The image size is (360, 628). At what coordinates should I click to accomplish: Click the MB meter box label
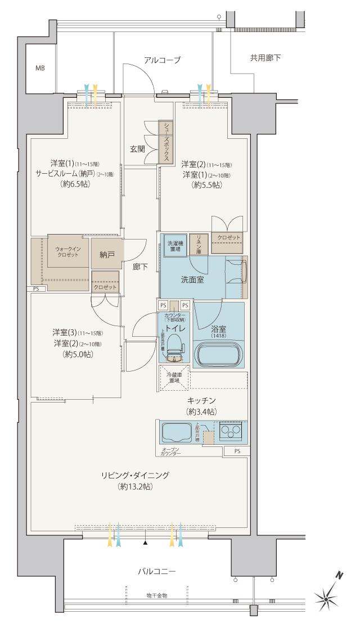pyautogui.click(x=40, y=68)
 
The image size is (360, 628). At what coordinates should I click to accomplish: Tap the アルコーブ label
pyautogui.click(x=163, y=60)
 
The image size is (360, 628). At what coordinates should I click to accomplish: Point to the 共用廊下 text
pyautogui.click(x=265, y=58)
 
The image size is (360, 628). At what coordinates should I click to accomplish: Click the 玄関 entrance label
pyautogui.click(x=138, y=149)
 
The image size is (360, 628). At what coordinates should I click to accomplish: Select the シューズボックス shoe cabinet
pyautogui.click(x=166, y=142)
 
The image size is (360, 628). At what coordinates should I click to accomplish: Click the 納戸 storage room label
pyautogui.click(x=107, y=255)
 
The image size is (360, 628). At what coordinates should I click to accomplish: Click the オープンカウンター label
pyautogui.click(x=170, y=451)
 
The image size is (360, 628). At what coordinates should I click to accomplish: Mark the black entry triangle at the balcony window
pyautogui.click(x=146, y=543)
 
